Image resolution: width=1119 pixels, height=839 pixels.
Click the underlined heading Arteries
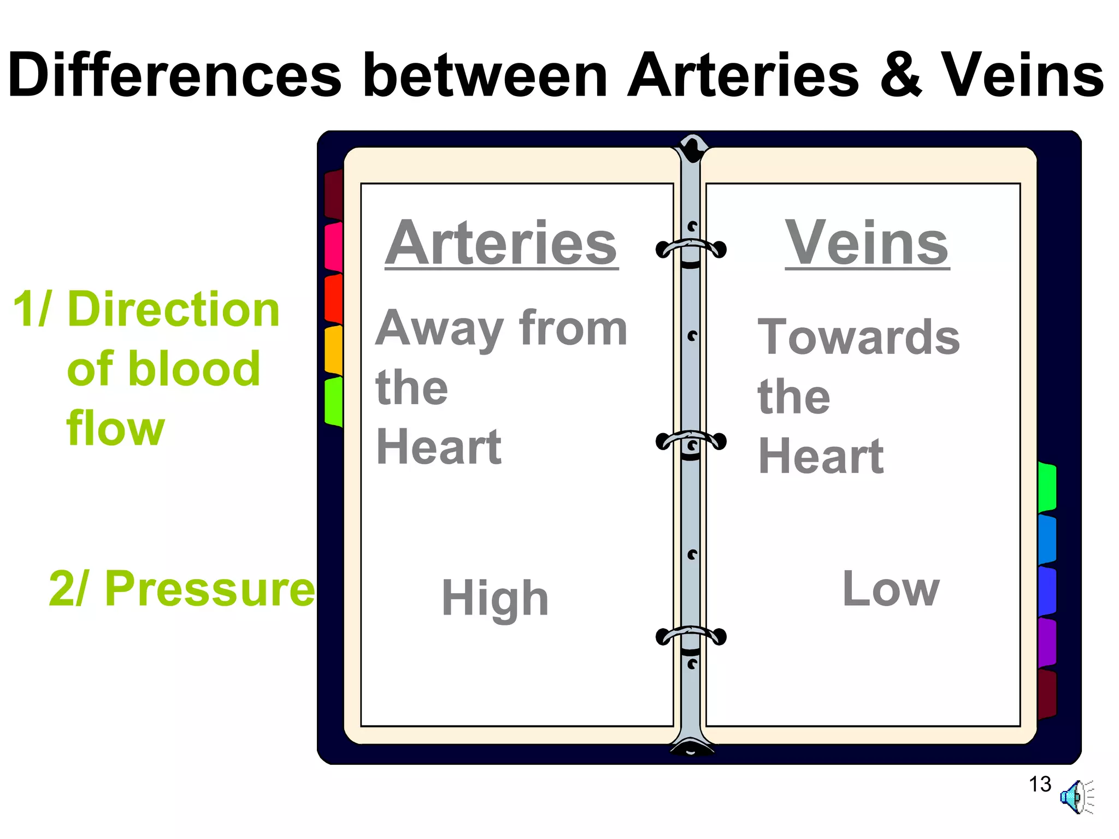pyautogui.click(x=501, y=244)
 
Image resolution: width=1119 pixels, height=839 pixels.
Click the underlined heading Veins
pyautogui.click(x=867, y=244)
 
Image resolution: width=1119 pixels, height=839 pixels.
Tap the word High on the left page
pyautogui.click(x=495, y=599)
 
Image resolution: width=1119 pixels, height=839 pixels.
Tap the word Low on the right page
pyautogui.click(x=891, y=589)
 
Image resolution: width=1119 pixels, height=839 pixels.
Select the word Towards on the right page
pyautogui.click(x=858, y=337)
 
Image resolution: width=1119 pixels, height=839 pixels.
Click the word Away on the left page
pyautogui.click(x=439, y=329)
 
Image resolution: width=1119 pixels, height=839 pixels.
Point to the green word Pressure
pyautogui.click(x=210, y=589)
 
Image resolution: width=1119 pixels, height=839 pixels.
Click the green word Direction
pyautogui.click(x=173, y=310)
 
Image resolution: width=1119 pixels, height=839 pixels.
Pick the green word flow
pyautogui.click(x=115, y=429)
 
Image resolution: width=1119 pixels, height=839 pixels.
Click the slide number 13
pyautogui.click(x=1040, y=784)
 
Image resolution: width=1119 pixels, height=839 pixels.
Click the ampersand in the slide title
pyautogui.click(x=900, y=75)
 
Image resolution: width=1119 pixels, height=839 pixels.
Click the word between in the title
pyautogui.click(x=485, y=75)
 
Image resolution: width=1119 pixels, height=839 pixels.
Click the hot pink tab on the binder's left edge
pyautogui.click(x=333, y=247)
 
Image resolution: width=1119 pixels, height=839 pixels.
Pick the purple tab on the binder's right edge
pyautogui.click(x=1047, y=642)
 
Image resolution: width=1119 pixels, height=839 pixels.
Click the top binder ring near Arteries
pyautogui.click(x=691, y=249)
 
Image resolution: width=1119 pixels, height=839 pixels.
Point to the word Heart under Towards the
pyautogui.click(x=821, y=456)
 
